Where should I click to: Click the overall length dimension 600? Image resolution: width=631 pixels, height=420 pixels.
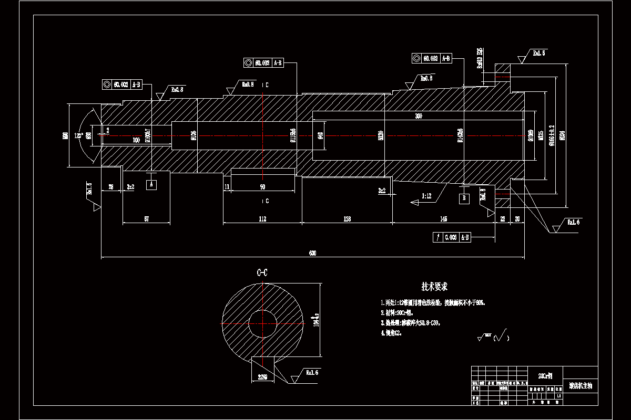coord(312,254)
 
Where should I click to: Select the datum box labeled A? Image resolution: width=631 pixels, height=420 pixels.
coord(152,184)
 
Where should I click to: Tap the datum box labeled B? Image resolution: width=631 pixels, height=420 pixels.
coord(464,198)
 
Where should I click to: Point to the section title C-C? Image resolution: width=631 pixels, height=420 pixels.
coord(262,272)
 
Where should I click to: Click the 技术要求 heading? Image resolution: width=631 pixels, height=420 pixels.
coord(434,287)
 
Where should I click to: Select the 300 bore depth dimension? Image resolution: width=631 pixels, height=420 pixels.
coord(419,115)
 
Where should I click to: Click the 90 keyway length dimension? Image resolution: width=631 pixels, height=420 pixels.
coord(262,187)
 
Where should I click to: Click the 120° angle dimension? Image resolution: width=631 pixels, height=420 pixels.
coord(78,136)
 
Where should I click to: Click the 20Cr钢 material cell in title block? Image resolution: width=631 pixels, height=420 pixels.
coord(545,376)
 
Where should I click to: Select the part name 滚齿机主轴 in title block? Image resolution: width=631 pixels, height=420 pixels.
coord(580,386)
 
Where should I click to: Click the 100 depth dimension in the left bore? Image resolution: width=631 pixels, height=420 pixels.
coord(136,140)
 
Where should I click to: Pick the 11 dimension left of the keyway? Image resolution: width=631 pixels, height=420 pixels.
coord(227,187)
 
